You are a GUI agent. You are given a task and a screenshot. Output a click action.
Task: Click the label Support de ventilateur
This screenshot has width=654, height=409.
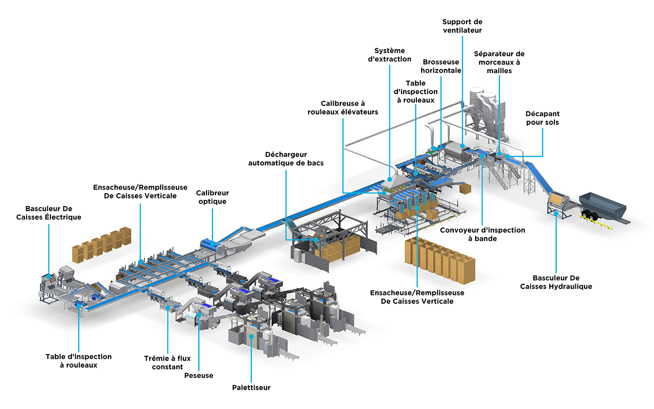pyautogui.click(x=462, y=26)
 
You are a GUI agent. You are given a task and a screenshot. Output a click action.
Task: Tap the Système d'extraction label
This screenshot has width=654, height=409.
pyautogui.click(x=392, y=55)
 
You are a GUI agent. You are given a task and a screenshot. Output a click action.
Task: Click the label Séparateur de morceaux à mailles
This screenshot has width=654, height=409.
pyautogui.click(x=499, y=62)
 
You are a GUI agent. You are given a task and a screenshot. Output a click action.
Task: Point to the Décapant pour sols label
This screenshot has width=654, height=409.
pyautogui.click(x=542, y=118)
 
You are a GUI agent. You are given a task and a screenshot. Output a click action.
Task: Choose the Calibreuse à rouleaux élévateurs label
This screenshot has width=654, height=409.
pyautogui.click(x=343, y=107)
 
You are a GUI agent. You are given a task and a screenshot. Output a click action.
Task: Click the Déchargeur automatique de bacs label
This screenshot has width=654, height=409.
pyautogui.click(x=286, y=158)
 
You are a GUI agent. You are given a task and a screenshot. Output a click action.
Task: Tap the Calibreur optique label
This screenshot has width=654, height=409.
pyautogui.click(x=213, y=197)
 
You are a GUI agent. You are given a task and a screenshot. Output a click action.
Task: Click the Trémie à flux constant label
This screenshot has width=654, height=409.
pyautogui.click(x=167, y=362)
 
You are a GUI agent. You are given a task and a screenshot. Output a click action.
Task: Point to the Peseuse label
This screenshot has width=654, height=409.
pyautogui.click(x=199, y=376)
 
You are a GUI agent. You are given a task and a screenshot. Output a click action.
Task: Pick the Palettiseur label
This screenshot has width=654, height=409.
pyautogui.click(x=251, y=388)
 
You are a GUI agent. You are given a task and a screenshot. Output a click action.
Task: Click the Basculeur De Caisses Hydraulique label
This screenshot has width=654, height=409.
pyautogui.click(x=556, y=282)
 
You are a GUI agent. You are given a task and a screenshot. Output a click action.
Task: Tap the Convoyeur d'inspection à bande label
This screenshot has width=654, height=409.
pyautogui.click(x=482, y=234)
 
